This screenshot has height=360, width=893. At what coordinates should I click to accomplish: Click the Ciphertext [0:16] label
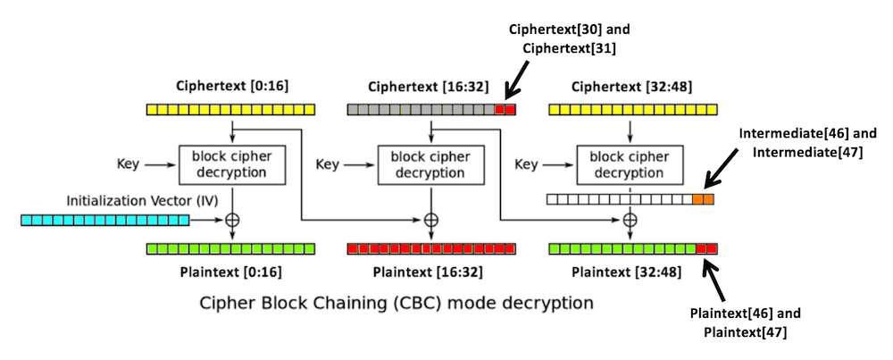click(x=232, y=86)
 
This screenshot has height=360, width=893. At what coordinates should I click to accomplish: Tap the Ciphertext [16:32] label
click(x=430, y=86)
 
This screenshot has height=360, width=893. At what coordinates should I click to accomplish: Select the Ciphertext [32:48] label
click(x=631, y=86)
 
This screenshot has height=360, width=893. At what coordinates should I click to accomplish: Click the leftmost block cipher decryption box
click(x=232, y=164)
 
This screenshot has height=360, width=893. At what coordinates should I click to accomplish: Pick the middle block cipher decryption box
click(x=431, y=164)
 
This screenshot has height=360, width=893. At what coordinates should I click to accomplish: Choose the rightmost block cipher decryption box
click(x=632, y=164)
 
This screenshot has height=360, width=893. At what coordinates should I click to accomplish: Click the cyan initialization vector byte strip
click(x=106, y=220)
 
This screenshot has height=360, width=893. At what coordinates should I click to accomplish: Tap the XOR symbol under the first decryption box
click(x=232, y=220)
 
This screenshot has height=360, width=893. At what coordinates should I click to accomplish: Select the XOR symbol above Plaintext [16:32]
click(x=431, y=220)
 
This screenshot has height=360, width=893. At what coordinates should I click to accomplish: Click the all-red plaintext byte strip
click(x=431, y=248)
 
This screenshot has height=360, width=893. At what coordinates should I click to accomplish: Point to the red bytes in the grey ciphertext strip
click(x=505, y=109)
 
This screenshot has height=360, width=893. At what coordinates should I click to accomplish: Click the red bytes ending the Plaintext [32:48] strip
click(x=706, y=248)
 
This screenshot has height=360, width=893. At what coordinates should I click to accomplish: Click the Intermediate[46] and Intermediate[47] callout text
click(x=808, y=142)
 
